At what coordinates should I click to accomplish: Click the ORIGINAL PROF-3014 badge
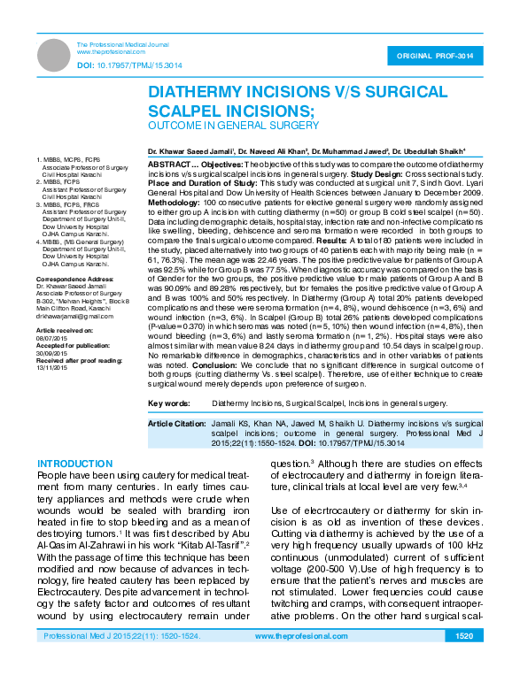coord(441,55)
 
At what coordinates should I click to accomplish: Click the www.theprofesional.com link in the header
coord(111,52)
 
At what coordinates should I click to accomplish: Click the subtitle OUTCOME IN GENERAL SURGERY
coord(232,126)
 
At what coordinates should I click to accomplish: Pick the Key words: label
coord(169,403)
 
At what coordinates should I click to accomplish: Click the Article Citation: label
coord(175,424)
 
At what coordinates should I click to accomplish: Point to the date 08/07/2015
coord(52,337)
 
